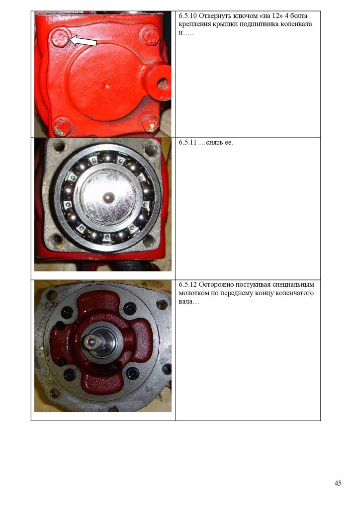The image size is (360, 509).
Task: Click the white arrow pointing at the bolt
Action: click(83, 40)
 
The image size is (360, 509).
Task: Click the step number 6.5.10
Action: click(187, 16)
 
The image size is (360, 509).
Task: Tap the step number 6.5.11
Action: click(187, 143)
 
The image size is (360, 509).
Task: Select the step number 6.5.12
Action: click(187, 285)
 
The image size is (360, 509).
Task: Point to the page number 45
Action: click(338, 483)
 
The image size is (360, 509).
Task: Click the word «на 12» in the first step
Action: click(270, 16)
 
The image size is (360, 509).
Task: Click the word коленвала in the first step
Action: click(297, 24)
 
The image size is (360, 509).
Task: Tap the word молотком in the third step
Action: click(192, 293)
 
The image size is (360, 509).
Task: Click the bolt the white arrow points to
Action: click(60, 38)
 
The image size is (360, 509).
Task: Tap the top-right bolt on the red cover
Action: click(151, 37)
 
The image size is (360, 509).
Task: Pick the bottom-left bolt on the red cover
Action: click(61, 127)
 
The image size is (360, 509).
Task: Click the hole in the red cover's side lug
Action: click(163, 84)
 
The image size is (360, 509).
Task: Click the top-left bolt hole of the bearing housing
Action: click(59, 147)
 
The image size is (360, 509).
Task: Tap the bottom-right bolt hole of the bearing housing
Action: click(149, 241)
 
